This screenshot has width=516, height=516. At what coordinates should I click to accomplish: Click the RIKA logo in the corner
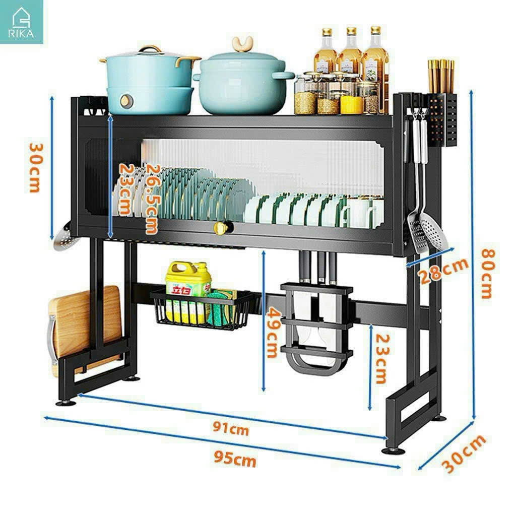21,22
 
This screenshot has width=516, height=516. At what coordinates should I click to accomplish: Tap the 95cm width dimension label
235,459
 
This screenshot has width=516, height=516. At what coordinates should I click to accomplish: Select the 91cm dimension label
231,428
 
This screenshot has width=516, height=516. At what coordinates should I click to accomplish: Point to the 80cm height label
488,274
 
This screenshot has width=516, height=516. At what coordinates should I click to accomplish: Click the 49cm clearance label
273,333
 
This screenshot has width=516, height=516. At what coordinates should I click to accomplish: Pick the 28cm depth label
444,270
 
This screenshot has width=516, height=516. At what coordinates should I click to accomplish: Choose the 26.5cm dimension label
152,199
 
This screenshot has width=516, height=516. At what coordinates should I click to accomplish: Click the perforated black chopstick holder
442,120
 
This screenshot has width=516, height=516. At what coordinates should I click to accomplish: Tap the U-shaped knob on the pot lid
242,44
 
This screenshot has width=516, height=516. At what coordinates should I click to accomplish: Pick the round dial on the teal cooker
126,101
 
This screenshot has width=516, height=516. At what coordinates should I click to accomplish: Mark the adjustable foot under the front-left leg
66,402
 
